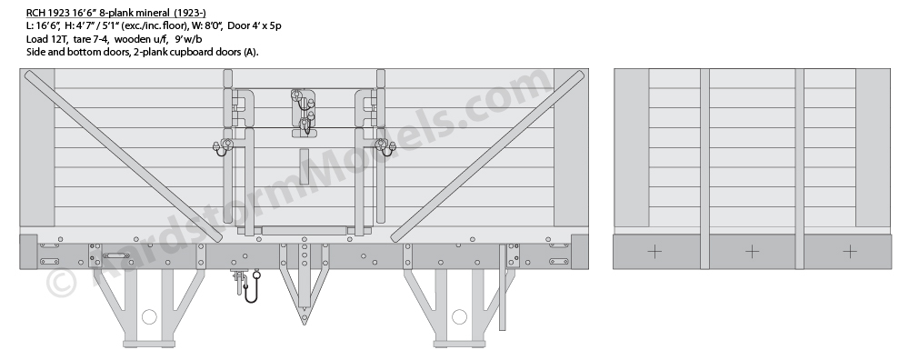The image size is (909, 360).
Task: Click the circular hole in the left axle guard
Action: [149, 316]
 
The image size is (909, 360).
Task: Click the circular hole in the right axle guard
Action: [459, 316]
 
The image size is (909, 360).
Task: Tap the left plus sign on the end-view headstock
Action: [654, 252]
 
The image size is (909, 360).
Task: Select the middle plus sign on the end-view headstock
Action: [752, 252]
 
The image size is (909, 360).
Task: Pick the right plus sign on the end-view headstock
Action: [850, 252]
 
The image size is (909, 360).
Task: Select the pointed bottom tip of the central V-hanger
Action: [304, 324]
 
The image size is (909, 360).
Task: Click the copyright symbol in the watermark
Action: [61, 283]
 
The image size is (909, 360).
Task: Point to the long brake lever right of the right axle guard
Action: [503, 287]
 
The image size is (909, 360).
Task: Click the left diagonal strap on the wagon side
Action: [123, 156]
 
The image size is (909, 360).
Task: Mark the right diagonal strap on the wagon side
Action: [487, 156]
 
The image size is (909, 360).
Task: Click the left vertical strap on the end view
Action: [705, 169]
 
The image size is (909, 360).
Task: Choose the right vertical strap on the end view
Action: [799, 169]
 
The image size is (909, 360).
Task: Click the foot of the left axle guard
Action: [149, 344]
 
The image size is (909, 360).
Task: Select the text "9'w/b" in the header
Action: [188, 39]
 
